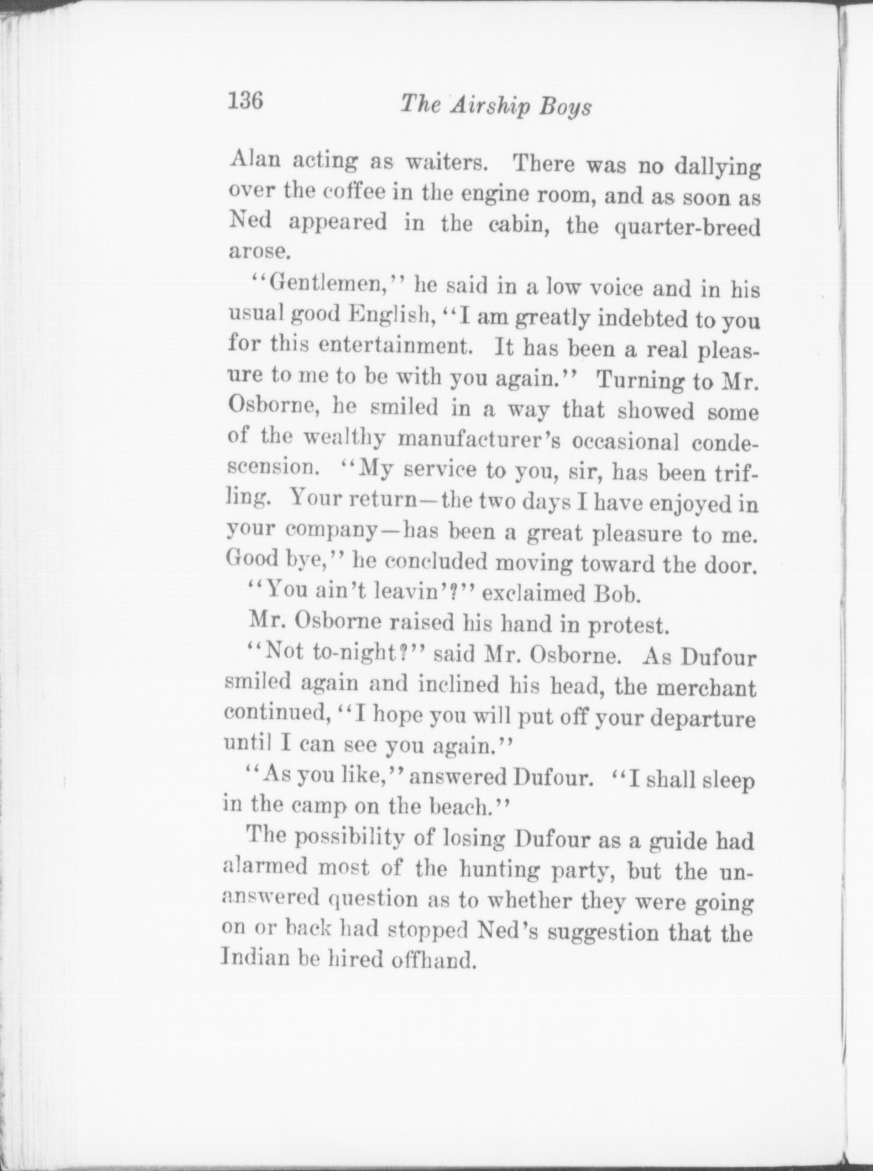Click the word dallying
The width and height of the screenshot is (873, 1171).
coord(717,167)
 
